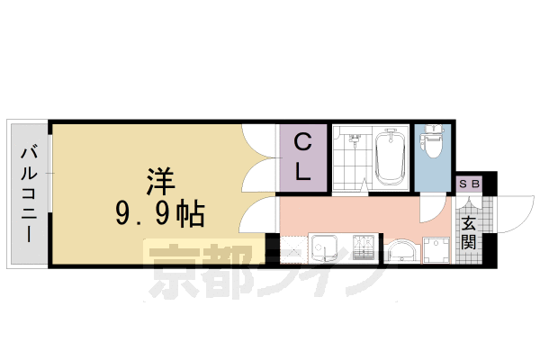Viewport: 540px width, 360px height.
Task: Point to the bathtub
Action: (390, 158)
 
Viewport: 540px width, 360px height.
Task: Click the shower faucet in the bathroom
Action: (354, 139)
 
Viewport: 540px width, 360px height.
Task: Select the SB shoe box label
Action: (471, 184)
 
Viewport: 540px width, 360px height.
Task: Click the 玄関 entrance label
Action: (470, 232)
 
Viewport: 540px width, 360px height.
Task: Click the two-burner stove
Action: (364, 247)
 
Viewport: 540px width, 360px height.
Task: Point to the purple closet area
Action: (303, 175)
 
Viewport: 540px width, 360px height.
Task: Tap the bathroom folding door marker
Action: (364, 185)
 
